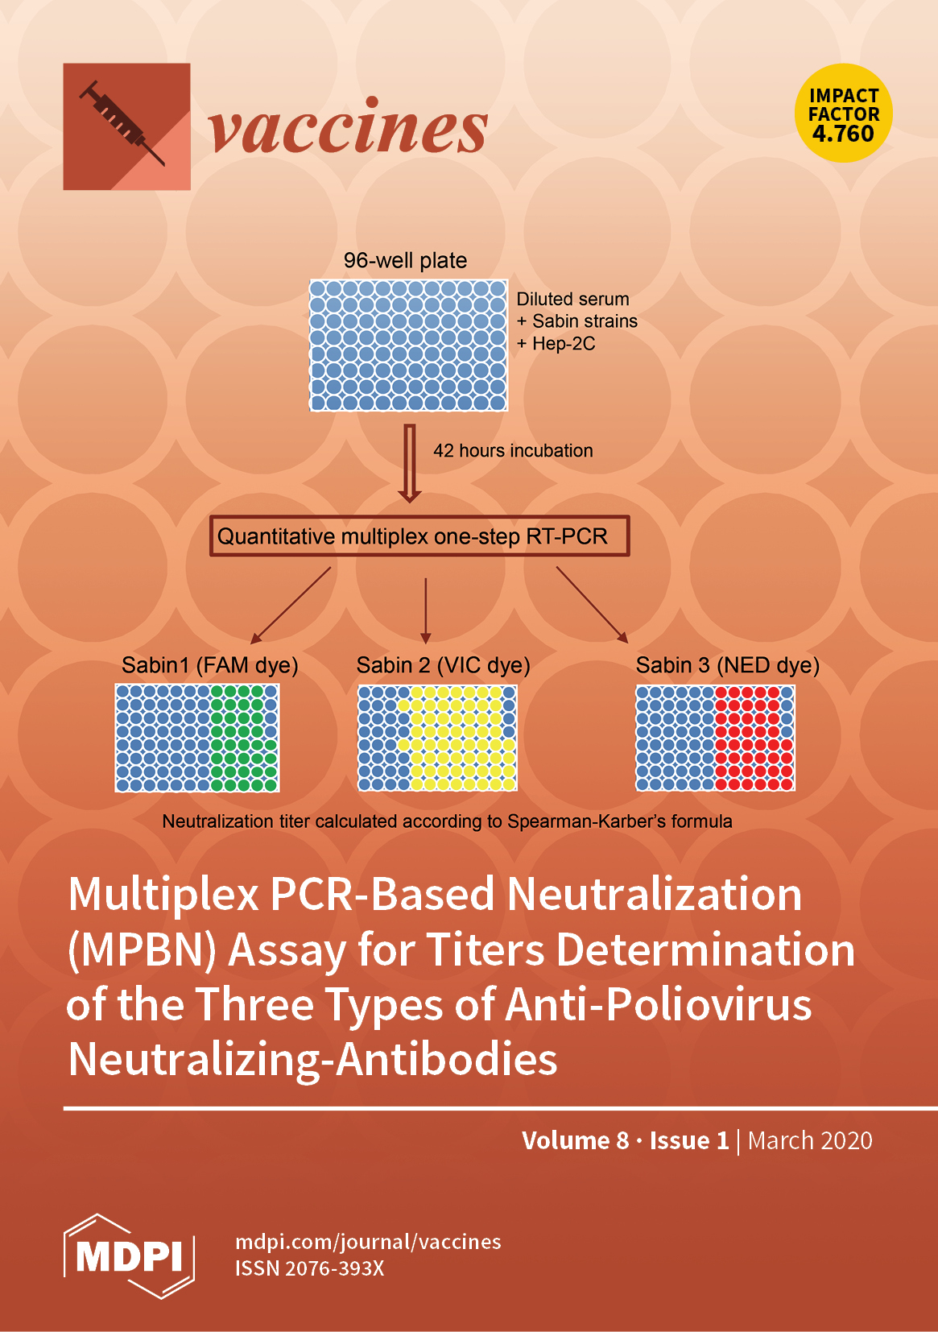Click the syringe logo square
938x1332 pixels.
126,126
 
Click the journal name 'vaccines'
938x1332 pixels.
348,128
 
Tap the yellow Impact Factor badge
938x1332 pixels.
844,114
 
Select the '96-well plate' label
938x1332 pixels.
405,260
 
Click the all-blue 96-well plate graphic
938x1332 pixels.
408,345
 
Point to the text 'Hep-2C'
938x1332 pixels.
564,344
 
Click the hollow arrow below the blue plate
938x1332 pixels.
410,464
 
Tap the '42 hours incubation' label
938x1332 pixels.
513,451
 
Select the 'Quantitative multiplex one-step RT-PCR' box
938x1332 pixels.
419,536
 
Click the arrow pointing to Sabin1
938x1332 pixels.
291,605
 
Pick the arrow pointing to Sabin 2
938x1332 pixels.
426,610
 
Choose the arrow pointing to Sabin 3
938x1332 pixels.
592,605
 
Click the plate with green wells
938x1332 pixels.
197,738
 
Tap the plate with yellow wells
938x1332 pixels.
437,738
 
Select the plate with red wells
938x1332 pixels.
715,738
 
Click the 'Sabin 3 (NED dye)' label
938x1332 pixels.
727,665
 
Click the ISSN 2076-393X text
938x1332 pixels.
309,1268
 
